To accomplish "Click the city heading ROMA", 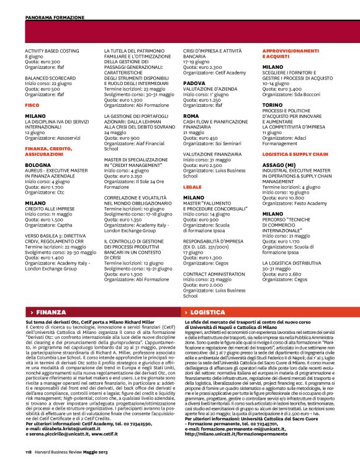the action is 191,115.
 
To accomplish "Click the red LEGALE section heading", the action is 192,186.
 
